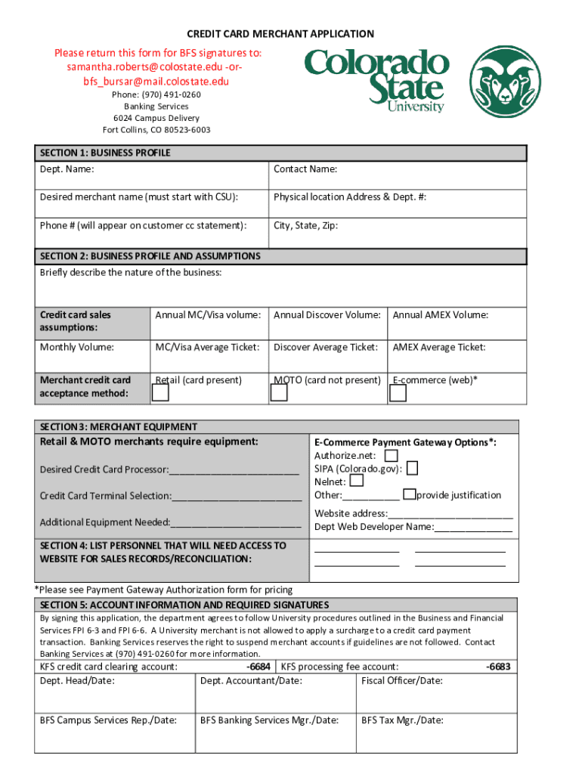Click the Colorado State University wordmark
click(x=376, y=80)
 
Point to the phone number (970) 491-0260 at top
click(x=156, y=94)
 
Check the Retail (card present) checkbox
click(x=160, y=393)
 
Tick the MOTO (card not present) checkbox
click(x=279, y=393)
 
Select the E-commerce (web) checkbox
click(x=398, y=393)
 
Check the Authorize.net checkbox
click(x=391, y=456)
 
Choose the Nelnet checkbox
click(x=357, y=481)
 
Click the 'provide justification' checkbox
click(x=409, y=494)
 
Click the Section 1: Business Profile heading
click(x=105, y=153)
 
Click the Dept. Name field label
click(x=67, y=169)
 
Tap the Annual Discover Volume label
click(x=327, y=315)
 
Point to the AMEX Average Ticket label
click(x=439, y=347)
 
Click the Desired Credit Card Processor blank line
click(x=234, y=470)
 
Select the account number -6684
click(x=258, y=667)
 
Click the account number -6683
click(x=498, y=667)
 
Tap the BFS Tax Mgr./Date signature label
click(x=402, y=720)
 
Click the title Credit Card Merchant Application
click(x=280, y=34)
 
